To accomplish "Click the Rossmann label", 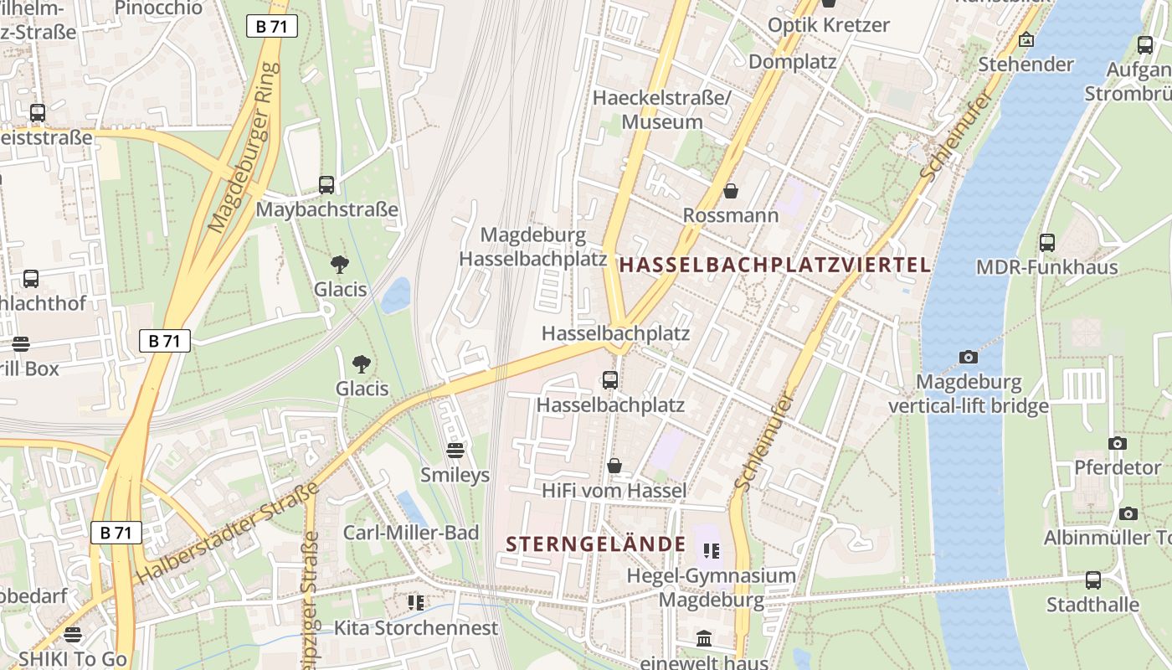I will [730, 215].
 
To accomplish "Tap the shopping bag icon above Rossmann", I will [731, 191].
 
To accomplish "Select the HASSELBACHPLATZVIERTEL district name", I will [774, 265].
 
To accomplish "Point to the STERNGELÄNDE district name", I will [595, 544].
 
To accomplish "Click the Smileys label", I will [455, 476].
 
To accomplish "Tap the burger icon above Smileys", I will [455, 451].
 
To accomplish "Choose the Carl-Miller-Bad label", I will [411, 533].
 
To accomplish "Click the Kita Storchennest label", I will [416, 627].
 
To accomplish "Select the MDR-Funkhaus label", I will [1046, 267].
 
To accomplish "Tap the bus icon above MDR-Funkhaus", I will [1046, 243].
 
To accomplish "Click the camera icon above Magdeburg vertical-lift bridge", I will [968, 357].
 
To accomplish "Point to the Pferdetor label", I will [1118, 467].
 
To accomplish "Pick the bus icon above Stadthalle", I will [1092, 580].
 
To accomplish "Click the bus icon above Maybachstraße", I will [326, 185].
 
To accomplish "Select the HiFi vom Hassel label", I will [614, 491].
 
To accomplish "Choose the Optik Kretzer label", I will [828, 25].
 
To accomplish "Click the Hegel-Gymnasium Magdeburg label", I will [711, 588].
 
